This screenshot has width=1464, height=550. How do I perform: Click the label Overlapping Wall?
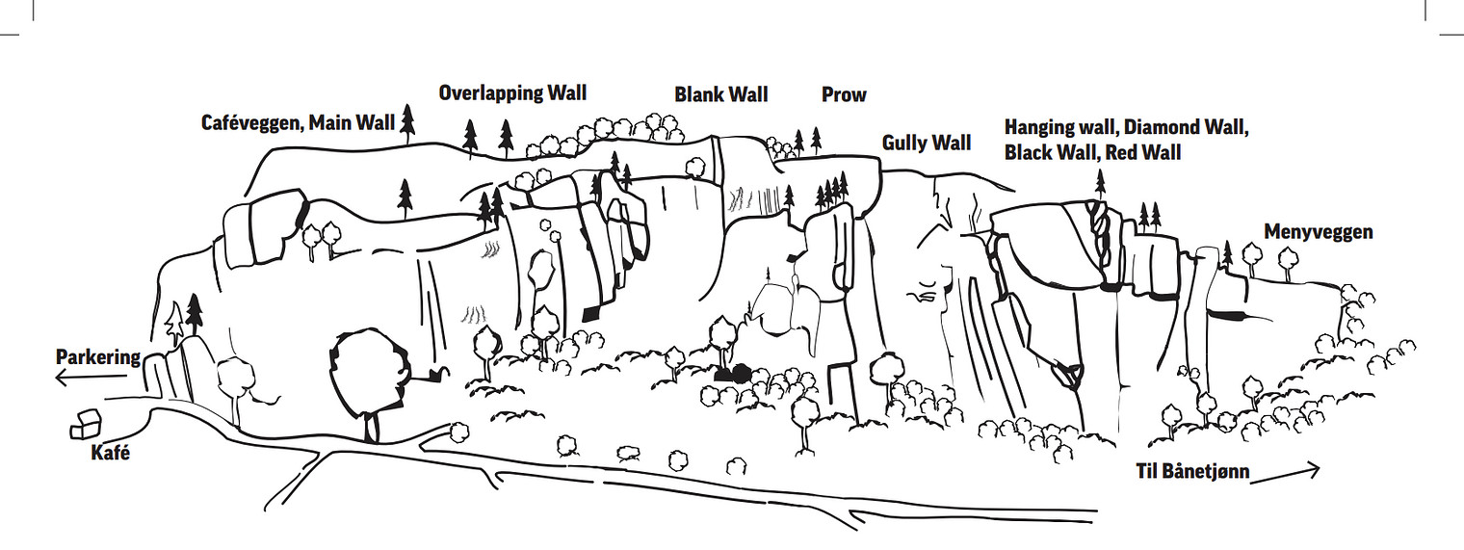[x=512, y=92]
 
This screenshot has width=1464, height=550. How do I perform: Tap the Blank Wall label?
[x=720, y=94]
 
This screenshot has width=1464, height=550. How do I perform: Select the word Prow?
[x=844, y=94]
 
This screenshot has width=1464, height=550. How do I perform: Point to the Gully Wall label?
[x=927, y=144]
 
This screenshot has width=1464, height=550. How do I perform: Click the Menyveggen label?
[x=1318, y=232]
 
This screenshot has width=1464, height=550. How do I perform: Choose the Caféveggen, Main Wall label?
[x=298, y=123]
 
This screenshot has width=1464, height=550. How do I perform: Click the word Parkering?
[x=98, y=357]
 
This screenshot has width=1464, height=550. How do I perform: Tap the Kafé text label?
[x=111, y=452]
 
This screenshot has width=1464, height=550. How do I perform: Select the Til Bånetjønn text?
[x=1192, y=473]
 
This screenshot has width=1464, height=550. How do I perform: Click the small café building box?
[x=86, y=424]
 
